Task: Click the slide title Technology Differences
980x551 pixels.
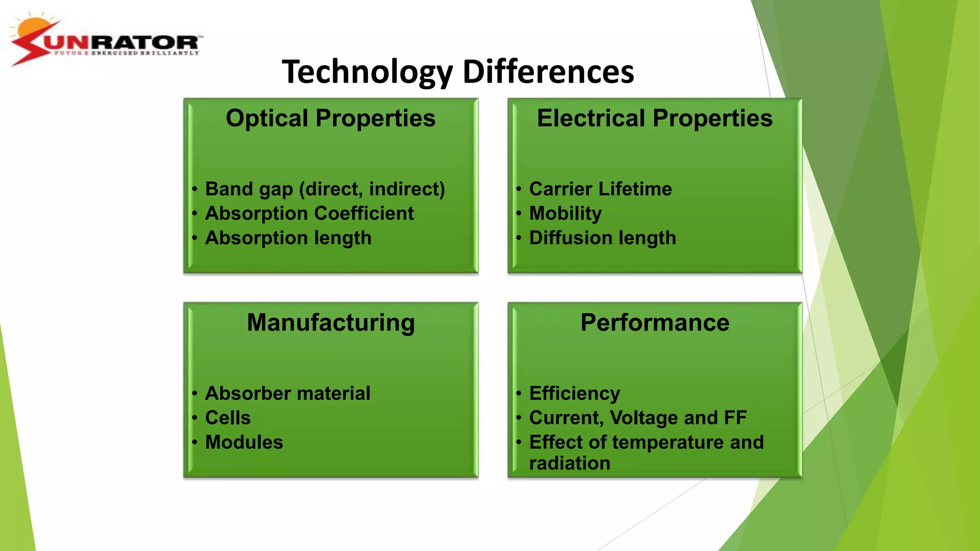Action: pyautogui.click(x=458, y=72)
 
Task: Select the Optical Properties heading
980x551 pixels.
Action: pyautogui.click(x=331, y=118)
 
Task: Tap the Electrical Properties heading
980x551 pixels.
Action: pyautogui.click(x=655, y=118)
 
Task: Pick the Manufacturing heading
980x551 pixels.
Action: pyautogui.click(x=331, y=322)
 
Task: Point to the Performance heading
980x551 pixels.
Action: pyautogui.click(x=655, y=322)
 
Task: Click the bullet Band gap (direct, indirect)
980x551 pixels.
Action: pyautogui.click(x=325, y=189)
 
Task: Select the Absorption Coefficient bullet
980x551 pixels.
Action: pyautogui.click(x=309, y=214)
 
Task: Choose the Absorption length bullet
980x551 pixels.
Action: pyautogui.click(x=288, y=238)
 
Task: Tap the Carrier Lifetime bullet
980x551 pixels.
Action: pyautogui.click(x=601, y=189)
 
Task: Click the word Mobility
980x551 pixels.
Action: pyautogui.click(x=566, y=214)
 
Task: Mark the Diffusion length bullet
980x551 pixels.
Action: pyautogui.click(x=602, y=238)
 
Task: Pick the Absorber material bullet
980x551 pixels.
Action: pyautogui.click(x=288, y=394)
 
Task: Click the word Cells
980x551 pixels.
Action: pyautogui.click(x=228, y=418)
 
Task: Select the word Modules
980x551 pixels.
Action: pyautogui.click(x=244, y=442)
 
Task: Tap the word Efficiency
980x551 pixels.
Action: pyautogui.click(x=575, y=394)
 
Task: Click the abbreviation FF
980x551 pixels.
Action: pyautogui.click(x=735, y=418)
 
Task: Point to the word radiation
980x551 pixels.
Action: pyautogui.click(x=570, y=463)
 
